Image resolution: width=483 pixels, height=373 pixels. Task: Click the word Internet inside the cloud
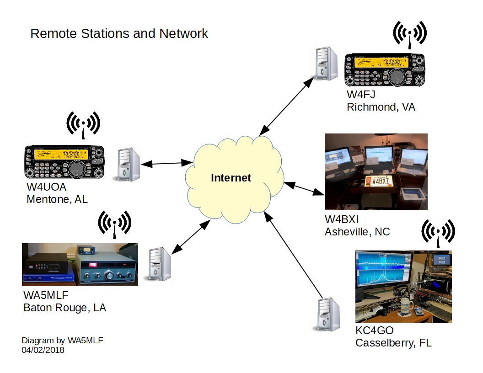(x=231, y=178)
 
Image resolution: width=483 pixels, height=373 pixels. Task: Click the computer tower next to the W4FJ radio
(x=326, y=64)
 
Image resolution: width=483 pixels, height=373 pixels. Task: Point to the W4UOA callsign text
(x=47, y=188)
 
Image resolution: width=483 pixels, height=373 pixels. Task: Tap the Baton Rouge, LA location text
(x=64, y=308)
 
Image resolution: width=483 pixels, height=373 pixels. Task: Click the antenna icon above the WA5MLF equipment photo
(x=115, y=224)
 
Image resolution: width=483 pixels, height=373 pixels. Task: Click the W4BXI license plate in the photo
(x=381, y=181)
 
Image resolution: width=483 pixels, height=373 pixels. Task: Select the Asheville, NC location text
(x=357, y=232)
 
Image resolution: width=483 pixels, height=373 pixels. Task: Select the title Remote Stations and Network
(x=119, y=34)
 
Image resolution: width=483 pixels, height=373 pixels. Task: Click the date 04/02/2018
(x=43, y=350)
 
